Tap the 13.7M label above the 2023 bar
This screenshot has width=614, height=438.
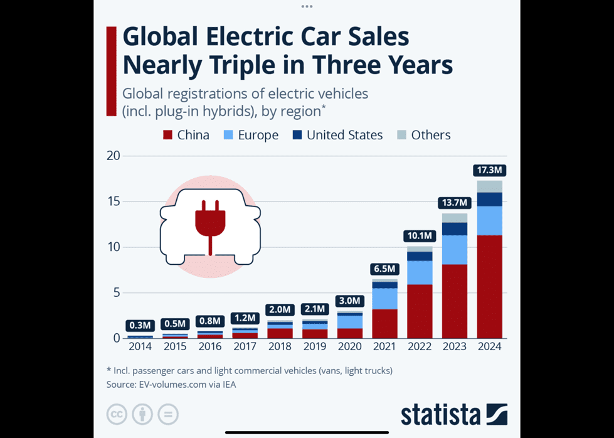(x=454, y=203)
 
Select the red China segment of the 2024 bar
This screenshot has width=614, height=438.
(x=490, y=286)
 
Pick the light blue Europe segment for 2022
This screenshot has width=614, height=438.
(x=420, y=272)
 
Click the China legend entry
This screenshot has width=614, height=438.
(x=186, y=135)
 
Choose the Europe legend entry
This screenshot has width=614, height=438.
(x=251, y=135)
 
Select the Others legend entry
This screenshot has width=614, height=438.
(x=424, y=135)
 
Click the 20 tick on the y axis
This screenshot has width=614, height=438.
(x=113, y=156)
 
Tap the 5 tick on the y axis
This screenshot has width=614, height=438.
(x=116, y=292)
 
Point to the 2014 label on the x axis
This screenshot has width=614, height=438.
(x=140, y=346)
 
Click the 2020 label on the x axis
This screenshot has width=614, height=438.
(x=350, y=346)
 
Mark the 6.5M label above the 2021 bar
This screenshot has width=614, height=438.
(x=384, y=269)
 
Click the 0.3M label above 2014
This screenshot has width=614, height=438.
(x=139, y=325)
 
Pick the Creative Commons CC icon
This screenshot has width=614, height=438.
(x=117, y=414)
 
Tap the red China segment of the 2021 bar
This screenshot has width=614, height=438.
(x=384, y=323)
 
